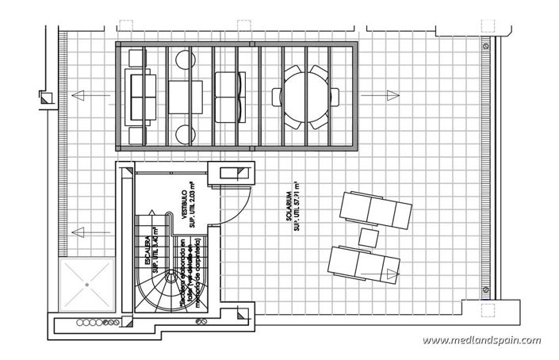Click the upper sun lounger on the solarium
[x=375, y=209]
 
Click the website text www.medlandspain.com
[x=482, y=341]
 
